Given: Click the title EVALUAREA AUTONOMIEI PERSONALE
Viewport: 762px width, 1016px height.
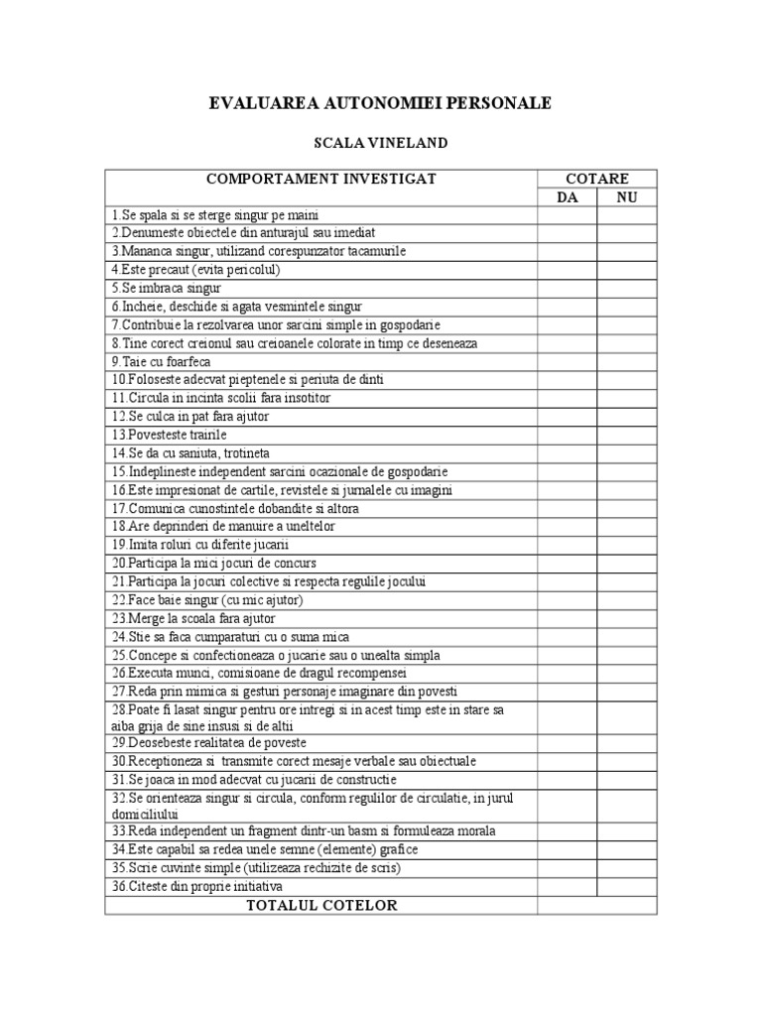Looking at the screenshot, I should (x=380, y=103).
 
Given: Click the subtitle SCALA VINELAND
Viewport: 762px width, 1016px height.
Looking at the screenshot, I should (x=380, y=143).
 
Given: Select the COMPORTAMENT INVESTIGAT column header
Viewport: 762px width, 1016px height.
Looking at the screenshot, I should (x=320, y=179).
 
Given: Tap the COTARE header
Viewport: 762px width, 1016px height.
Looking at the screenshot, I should (x=596, y=179).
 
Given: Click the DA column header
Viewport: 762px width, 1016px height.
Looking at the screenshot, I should (x=567, y=197).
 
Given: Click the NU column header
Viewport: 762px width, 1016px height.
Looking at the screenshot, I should (x=626, y=197).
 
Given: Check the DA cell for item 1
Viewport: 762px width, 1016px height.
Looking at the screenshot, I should (x=567, y=215).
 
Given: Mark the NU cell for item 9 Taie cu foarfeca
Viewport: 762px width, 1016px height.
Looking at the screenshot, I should (x=626, y=361).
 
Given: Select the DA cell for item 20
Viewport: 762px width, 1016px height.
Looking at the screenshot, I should (x=567, y=563).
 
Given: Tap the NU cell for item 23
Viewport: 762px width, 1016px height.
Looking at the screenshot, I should (x=626, y=617).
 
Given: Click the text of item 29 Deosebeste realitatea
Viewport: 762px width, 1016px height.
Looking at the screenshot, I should (x=209, y=742).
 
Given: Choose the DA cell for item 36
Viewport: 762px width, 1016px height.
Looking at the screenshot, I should (x=567, y=885).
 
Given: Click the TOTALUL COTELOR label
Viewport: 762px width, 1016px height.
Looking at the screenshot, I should (x=320, y=905).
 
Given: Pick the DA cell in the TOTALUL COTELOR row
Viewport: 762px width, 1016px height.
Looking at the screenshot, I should (x=567, y=905).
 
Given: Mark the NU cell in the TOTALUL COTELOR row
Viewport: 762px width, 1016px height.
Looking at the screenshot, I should (x=626, y=905).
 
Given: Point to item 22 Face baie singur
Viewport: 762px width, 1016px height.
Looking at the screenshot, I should (x=206, y=599).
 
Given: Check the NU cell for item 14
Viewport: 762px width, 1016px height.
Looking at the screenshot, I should (x=626, y=452).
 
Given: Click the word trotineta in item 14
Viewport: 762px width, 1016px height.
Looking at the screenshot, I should (x=227, y=452).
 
